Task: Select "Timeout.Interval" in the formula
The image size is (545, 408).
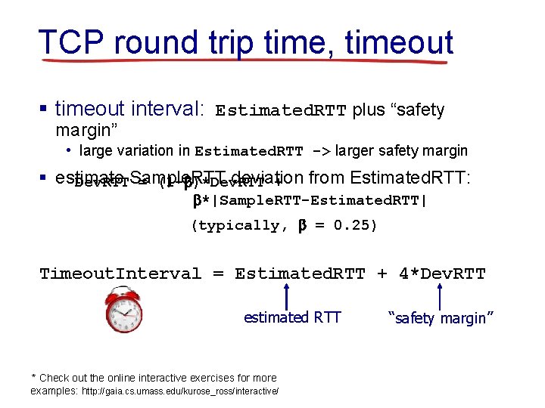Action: tap(120, 274)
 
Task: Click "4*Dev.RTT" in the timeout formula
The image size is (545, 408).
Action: tap(442, 274)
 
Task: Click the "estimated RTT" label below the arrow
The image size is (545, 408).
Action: tap(292, 318)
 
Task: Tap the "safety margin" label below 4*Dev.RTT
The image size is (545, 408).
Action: tap(441, 318)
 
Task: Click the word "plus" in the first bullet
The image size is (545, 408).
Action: tap(368, 110)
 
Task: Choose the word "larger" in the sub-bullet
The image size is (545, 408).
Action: tap(356, 151)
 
